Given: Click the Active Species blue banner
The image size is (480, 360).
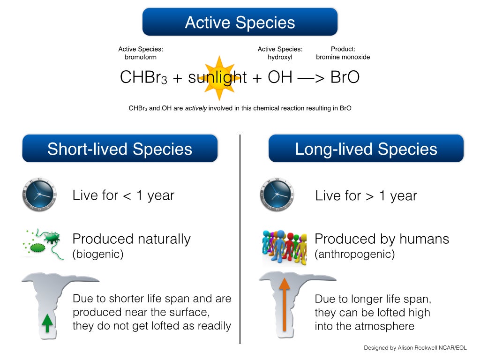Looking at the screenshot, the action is (x=240, y=22).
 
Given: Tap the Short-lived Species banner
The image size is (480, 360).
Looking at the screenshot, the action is (x=120, y=149).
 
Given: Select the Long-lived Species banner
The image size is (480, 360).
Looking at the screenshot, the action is (x=366, y=149).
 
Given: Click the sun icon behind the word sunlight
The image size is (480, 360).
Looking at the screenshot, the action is (x=219, y=78).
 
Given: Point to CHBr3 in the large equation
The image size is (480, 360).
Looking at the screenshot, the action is (x=143, y=77).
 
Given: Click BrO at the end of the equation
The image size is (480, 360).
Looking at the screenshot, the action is (x=345, y=77).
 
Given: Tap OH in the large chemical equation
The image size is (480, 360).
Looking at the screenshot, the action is (x=280, y=77).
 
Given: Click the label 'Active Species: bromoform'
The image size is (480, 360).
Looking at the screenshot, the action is (x=141, y=53).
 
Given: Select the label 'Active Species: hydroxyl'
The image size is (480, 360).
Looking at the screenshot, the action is (x=280, y=53).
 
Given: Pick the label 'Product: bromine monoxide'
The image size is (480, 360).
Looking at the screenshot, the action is (x=343, y=53).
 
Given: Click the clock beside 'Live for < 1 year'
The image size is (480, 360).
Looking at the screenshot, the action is (x=39, y=195).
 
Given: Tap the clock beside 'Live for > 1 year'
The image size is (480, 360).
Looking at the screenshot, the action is (x=277, y=195).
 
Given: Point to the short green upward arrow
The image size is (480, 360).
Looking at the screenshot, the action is (x=47, y=323).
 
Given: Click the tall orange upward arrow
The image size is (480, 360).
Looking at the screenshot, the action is (x=285, y=304).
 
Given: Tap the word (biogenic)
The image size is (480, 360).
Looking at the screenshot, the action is (x=98, y=254).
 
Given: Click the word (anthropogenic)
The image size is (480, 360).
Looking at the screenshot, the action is (x=355, y=254).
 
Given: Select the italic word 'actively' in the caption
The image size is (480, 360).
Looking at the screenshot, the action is (x=196, y=108).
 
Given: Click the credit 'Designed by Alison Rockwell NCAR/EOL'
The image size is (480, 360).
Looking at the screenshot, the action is (x=415, y=348).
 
